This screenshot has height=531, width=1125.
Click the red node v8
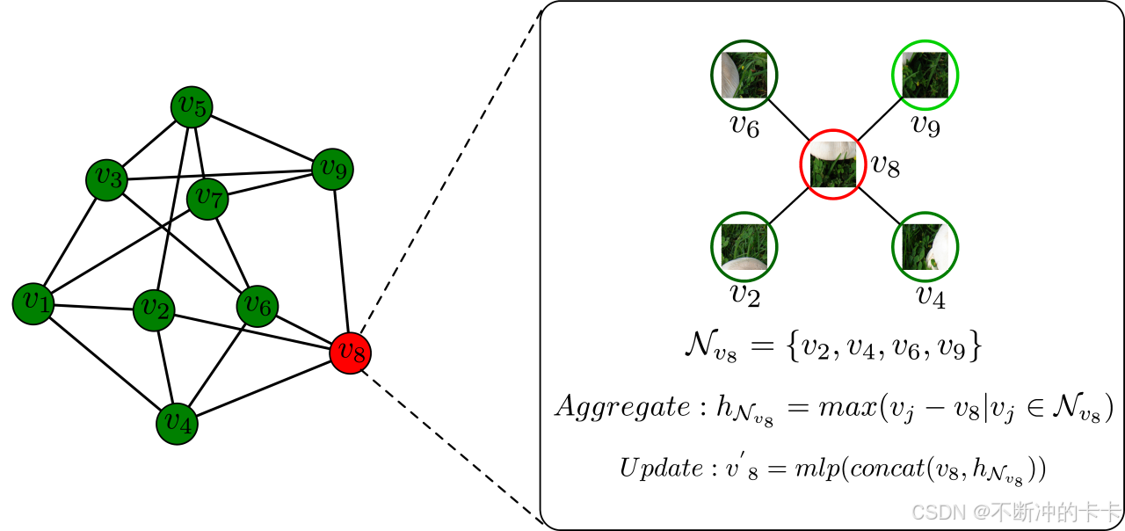(350, 353)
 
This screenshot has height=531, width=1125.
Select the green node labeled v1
(33, 303)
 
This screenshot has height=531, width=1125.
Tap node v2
(154, 310)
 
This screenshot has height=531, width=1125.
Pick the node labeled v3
(106, 179)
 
